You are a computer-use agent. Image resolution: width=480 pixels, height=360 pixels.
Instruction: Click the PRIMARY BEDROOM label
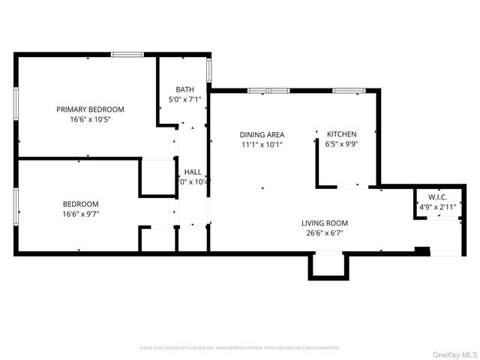(90, 109)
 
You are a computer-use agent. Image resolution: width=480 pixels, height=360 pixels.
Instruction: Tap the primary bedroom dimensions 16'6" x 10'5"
(90, 119)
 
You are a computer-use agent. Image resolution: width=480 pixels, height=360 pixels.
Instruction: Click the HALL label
(193, 171)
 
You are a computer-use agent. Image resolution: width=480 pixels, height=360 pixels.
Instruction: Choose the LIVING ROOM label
(325, 223)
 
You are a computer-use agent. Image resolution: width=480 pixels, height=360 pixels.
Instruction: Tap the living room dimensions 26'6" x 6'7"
(325, 233)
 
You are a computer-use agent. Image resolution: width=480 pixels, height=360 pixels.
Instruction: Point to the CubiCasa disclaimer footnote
(240, 348)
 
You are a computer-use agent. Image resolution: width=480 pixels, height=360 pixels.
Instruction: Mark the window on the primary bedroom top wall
(127, 54)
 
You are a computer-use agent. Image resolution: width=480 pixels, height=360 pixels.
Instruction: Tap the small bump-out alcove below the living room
(327, 265)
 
